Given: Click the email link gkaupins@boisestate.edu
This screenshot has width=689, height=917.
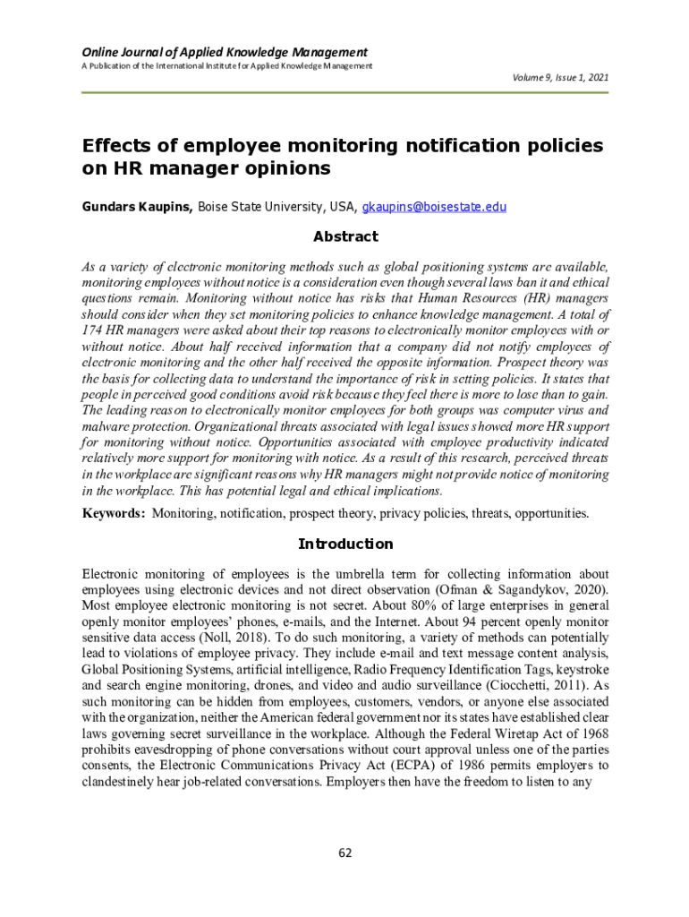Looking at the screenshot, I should tap(434, 207).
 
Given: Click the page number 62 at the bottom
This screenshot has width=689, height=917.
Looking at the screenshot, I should tap(344, 853).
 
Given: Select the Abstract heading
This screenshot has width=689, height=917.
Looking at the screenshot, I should tap(344, 237).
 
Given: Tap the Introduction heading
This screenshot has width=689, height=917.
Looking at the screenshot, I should tap(344, 544).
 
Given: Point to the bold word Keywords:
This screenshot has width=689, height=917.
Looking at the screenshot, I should tap(114, 514).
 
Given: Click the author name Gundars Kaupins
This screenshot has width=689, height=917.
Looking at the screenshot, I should tap(137, 207).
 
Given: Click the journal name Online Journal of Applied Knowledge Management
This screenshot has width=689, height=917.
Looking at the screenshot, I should tap(225, 52).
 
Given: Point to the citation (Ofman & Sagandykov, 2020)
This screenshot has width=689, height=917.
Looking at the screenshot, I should tap(525, 589).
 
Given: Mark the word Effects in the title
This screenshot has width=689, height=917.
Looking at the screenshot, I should tap(119, 146).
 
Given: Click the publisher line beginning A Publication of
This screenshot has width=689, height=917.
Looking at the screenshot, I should tap(227, 66).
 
